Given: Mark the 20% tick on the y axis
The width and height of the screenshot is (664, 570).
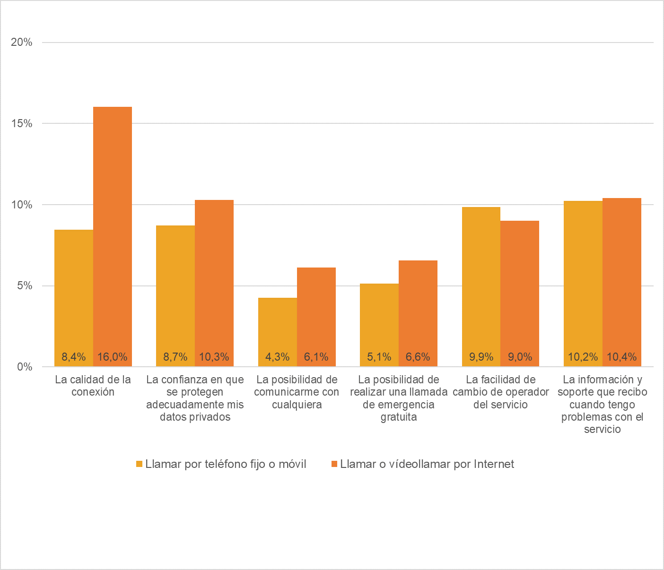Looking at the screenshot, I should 22,43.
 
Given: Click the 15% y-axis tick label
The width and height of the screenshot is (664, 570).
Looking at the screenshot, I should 22,124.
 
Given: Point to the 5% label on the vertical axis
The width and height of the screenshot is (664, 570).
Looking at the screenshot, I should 25,286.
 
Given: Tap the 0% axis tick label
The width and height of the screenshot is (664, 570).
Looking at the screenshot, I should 25,367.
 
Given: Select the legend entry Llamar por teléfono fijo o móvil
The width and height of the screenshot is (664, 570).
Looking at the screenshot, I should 226,464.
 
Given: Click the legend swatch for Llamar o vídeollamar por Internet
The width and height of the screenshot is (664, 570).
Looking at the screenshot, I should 334,464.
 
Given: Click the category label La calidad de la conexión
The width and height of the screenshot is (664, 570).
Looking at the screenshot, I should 93,386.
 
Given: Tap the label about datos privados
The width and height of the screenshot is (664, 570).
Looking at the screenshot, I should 195,398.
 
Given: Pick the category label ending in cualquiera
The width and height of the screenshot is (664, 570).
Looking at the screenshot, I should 297,392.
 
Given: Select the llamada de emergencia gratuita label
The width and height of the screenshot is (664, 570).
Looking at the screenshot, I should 399,398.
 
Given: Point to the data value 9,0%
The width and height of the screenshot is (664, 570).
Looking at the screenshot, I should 520,357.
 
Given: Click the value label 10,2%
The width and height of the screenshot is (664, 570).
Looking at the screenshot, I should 583,357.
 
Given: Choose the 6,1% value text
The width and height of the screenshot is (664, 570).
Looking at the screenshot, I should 316,357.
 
